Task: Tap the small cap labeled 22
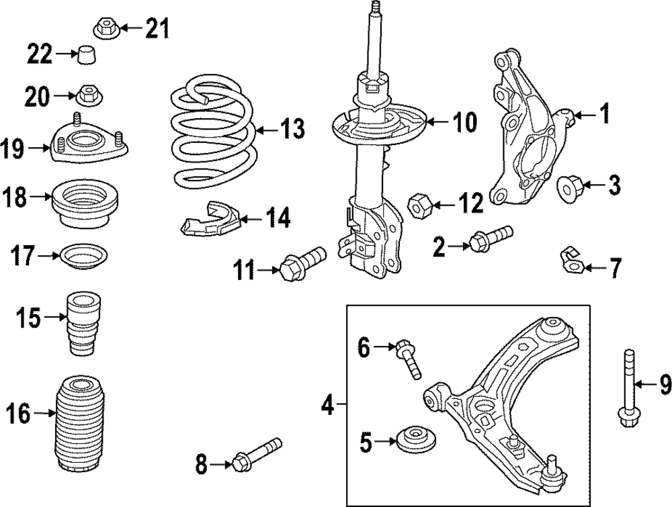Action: [85, 55]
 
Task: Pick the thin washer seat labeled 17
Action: [84, 257]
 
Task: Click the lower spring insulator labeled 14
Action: [210, 220]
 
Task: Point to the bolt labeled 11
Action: [304, 261]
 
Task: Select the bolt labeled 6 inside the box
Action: [408, 356]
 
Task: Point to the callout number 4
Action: [327, 405]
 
